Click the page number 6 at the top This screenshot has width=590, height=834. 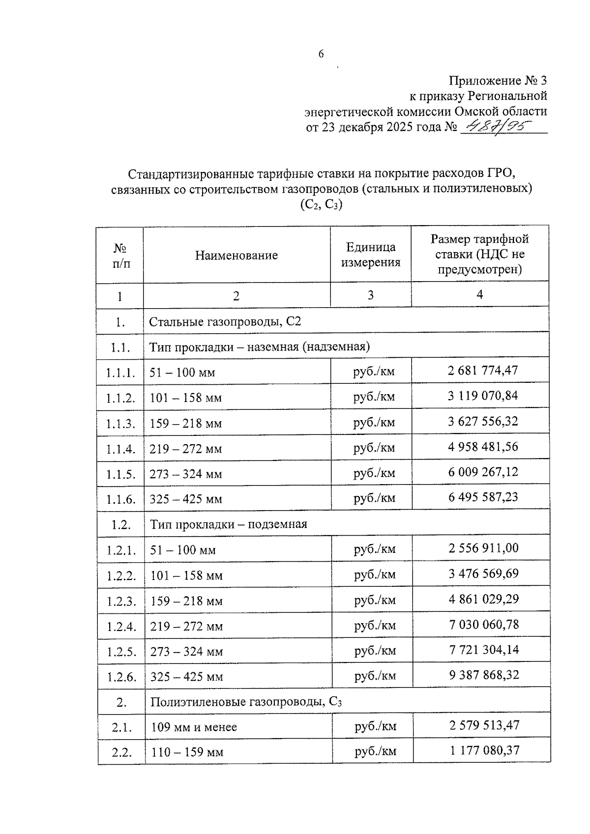click(321, 54)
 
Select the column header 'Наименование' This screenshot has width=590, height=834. click(236, 255)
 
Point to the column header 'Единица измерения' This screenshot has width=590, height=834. click(371, 255)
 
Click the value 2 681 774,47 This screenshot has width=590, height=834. click(482, 370)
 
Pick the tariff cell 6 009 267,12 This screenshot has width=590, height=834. click(482, 472)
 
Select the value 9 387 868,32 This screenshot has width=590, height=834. click(484, 674)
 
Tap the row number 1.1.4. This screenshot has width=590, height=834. click(120, 449)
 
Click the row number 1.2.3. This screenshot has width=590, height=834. click(121, 601)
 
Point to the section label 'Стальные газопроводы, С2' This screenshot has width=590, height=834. click(225, 322)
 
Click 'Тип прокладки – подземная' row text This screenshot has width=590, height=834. click(229, 524)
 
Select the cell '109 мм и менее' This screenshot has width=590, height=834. click(194, 726)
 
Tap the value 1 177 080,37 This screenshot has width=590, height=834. click(484, 750)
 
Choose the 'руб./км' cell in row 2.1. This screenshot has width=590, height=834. click(375, 726)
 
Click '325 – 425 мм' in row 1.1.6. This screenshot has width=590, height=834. click(186, 499)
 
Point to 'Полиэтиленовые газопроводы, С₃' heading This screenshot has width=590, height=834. click(246, 702)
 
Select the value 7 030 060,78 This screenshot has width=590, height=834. click(484, 624)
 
